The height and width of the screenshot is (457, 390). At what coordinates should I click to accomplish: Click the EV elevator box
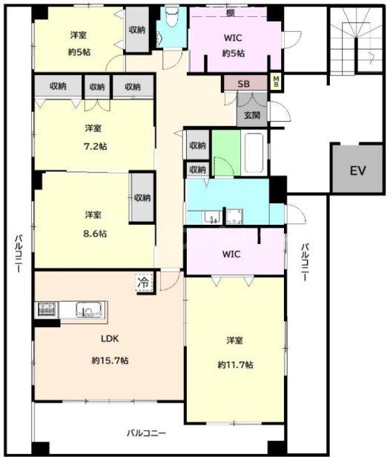357,168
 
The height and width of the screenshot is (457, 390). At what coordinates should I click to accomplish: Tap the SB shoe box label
243,84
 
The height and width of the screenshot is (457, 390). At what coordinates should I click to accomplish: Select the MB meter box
276,82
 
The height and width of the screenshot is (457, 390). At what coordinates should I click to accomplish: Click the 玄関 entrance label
252,115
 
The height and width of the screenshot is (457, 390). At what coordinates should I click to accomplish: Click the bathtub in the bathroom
254,153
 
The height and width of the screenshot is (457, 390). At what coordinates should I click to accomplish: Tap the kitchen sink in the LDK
89,310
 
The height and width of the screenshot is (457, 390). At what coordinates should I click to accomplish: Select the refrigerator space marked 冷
144,283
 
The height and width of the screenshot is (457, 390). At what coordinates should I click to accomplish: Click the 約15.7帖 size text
110,361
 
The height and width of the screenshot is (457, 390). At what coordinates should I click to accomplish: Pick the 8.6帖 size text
95,234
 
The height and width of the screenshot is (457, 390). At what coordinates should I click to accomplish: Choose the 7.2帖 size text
95,146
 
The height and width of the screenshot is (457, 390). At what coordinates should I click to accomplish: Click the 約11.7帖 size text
235,364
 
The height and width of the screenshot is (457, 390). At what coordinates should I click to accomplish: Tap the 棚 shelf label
231,13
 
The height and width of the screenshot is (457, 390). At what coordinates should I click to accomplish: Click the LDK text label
110,338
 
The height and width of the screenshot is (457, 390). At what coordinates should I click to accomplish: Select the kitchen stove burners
47,310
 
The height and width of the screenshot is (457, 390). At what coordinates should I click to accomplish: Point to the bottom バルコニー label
146,433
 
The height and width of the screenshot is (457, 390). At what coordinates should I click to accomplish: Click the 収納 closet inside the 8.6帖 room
142,197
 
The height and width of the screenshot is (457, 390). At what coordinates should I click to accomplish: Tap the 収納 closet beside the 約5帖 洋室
137,30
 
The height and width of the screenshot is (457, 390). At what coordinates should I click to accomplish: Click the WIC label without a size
231,254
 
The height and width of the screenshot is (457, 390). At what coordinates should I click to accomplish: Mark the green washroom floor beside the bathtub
226,153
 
